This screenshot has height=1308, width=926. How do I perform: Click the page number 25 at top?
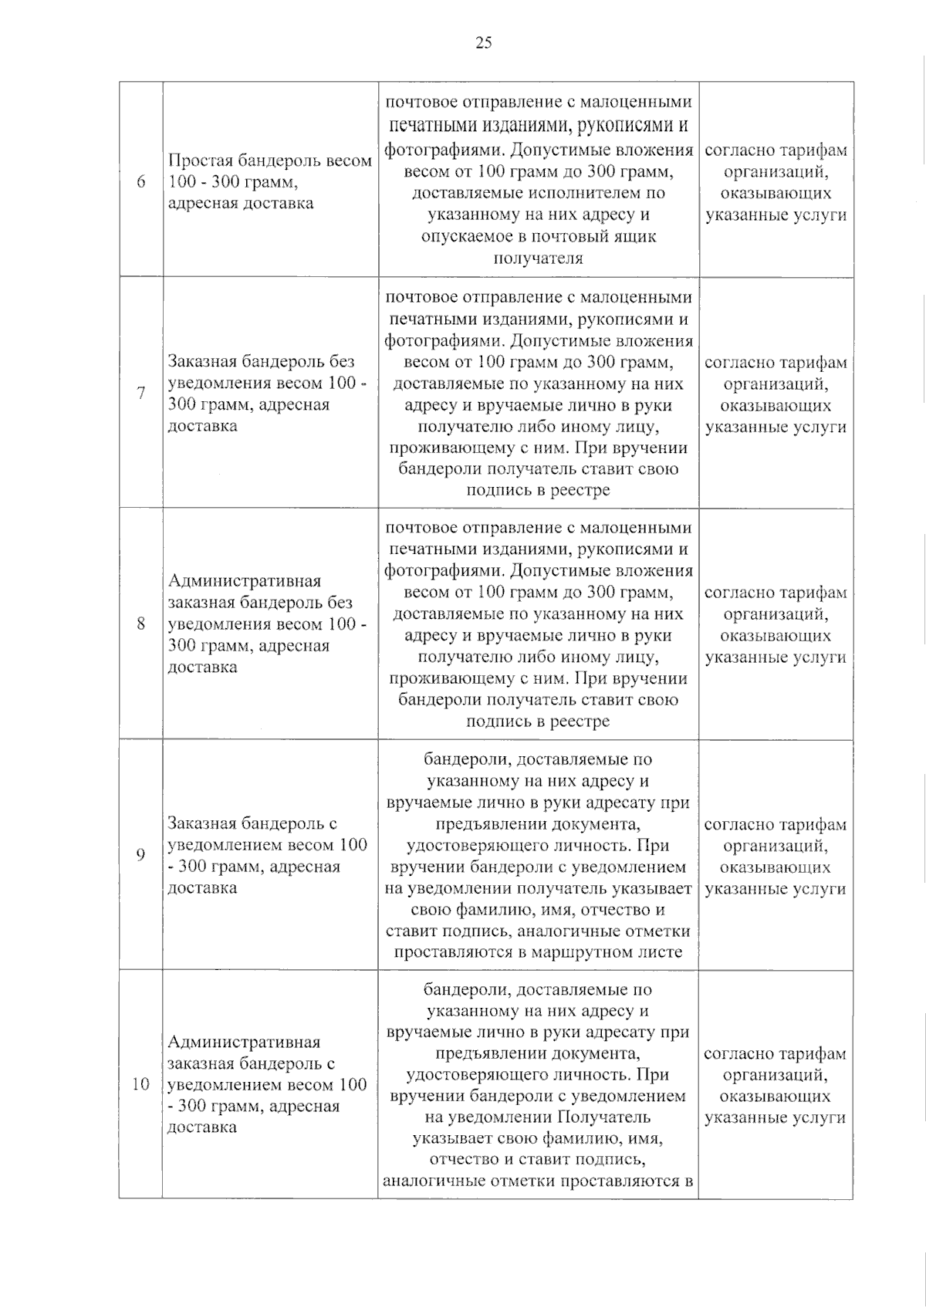tap(483, 42)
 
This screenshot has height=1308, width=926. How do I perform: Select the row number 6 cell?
tap(140, 182)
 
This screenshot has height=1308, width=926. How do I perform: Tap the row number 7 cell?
tap(140, 393)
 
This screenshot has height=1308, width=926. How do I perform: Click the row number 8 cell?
tap(140, 623)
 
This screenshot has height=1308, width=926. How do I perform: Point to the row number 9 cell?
tap(140, 854)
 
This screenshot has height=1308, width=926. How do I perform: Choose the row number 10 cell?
tap(140, 1083)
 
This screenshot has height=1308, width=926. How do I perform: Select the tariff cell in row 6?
tap(776, 183)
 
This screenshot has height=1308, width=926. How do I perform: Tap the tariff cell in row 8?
tap(776, 625)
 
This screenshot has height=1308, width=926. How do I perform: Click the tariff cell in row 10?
tap(776, 1085)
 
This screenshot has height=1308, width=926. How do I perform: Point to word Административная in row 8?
tap(244, 581)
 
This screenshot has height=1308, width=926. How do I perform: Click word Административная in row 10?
tap(244, 1042)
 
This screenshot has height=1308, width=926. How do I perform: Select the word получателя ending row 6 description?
tap(538, 258)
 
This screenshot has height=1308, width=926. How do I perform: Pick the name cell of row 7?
tap(269, 394)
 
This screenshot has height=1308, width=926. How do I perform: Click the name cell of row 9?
tap(269, 855)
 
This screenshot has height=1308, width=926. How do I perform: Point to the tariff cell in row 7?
tap(776, 394)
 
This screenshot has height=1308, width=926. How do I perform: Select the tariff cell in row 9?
tap(776, 856)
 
